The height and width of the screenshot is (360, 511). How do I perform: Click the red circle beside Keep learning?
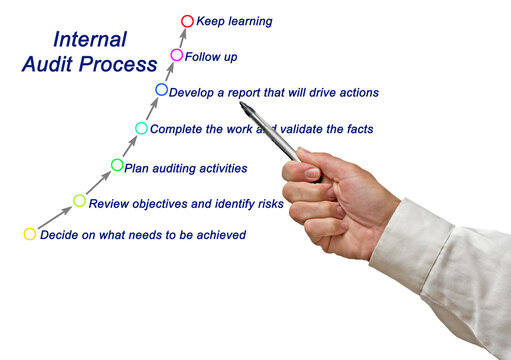point(187,20)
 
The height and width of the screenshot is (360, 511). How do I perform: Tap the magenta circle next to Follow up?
point(177,55)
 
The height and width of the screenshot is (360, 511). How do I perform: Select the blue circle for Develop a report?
point(162,90)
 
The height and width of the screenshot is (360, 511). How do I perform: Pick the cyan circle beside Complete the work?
point(141,127)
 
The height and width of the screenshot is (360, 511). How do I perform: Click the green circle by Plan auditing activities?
point(117,165)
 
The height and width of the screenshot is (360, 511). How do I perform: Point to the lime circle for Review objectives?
point(80,201)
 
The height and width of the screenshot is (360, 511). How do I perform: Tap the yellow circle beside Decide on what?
point(30,234)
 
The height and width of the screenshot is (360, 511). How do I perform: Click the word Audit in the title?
point(46,66)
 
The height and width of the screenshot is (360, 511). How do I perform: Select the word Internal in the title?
point(90,41)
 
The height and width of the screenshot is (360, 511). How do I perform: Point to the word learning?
point(249,21)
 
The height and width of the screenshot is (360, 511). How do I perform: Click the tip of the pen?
point(242,103)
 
